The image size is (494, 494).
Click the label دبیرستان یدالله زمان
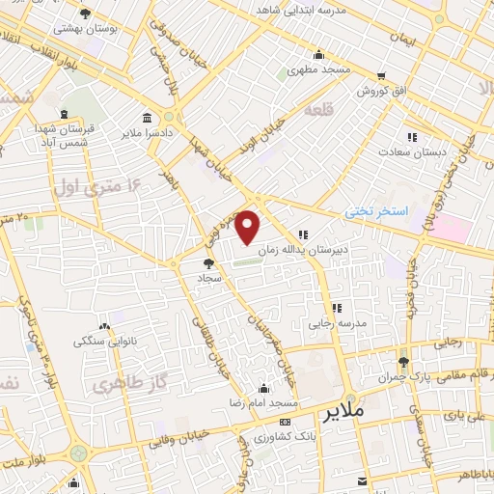coord(338,248)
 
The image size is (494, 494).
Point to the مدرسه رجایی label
coord(338,323)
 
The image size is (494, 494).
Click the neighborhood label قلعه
coord(317,111)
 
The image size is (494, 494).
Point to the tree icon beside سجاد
coord(209,262)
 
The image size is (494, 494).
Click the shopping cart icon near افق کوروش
coord(381,76)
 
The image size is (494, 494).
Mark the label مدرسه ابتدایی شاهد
coord(354,10)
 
